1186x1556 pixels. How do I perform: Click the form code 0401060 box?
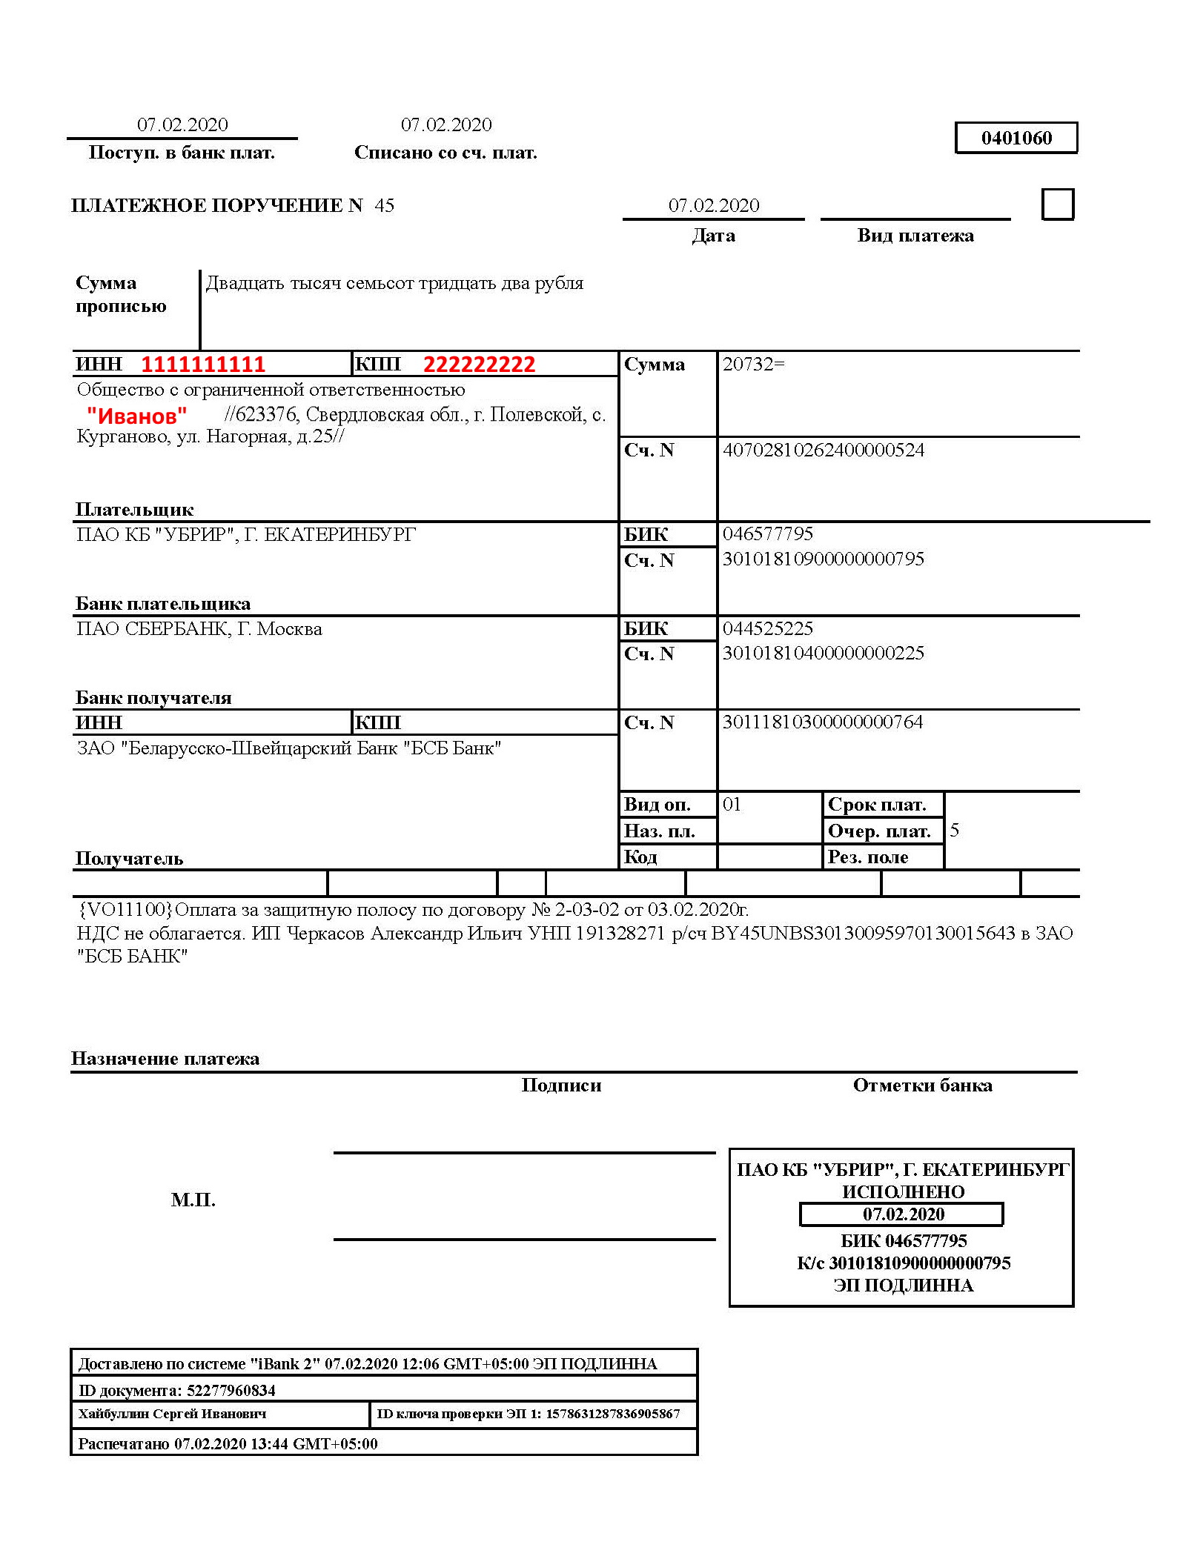(1016, 138)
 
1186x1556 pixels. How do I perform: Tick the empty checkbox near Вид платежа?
(1057, 205)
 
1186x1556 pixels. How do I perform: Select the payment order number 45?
(384, 205)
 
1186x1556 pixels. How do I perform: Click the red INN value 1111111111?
(203, 365)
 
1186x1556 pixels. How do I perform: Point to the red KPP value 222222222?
(479, 365)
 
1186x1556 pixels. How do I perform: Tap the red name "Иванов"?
(136, 416)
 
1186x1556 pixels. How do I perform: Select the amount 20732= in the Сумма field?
(753, 364)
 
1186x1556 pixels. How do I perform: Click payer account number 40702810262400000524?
(823, 450)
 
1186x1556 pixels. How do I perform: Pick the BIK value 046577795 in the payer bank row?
(768, 533)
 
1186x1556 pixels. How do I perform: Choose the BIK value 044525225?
(768, 628)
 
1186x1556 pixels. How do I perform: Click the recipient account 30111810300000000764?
(823, 722)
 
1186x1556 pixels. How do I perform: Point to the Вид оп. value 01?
(732, 804)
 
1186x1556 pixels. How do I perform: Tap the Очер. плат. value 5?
(955, 830)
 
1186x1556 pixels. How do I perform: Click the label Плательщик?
(134, 510)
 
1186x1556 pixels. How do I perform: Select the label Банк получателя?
(153, 698)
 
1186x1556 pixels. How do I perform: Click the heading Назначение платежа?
(165, 1059)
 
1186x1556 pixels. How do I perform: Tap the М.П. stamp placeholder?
(193, 1200)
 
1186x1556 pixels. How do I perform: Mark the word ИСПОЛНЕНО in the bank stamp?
(903, 1192)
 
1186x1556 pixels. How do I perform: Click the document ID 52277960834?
(231, 1390)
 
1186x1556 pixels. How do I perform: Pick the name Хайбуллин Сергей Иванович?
(172, 1414)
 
